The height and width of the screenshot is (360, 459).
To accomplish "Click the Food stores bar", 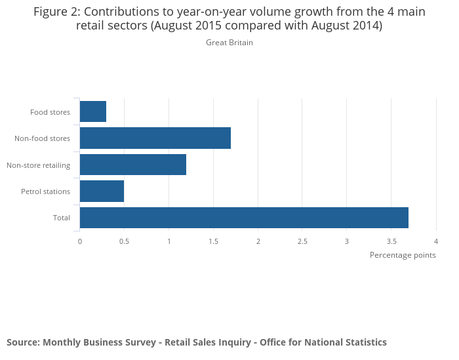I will [93, 111].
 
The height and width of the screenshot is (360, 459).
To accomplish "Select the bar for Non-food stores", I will [155, 138].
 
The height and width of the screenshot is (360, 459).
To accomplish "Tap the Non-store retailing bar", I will [133, 165].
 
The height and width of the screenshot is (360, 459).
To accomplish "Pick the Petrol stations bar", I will [102, 191].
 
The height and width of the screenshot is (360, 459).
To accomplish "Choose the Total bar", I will [244, 217].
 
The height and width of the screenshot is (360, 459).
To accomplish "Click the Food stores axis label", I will [50, 112].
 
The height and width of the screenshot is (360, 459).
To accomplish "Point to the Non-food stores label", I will [42, 138].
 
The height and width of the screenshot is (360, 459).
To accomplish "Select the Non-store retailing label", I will [38, 165].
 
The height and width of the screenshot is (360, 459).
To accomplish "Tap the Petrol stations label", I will [45, 191].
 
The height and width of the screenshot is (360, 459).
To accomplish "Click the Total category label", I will [62, 218].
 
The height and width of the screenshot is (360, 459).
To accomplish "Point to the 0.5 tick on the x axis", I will [124, 241].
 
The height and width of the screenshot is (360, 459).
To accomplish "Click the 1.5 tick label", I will [213, 241].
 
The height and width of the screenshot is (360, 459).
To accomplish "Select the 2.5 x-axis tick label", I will [302, 241].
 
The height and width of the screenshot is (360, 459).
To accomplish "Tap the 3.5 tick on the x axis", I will [391, 241].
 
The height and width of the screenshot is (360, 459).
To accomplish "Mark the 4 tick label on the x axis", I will [435, 241].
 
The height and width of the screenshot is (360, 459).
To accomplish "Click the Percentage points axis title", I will [403, 255].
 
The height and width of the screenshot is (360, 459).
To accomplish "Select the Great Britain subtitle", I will [229, 43].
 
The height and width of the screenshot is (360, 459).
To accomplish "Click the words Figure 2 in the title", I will [56, 12].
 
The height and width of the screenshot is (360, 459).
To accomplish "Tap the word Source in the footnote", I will [22, 342].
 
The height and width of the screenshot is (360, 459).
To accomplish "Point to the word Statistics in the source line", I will [364, 342].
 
